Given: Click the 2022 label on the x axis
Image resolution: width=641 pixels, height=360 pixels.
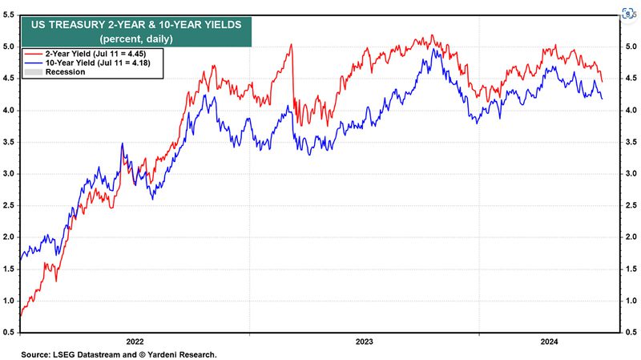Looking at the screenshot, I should point(135,341).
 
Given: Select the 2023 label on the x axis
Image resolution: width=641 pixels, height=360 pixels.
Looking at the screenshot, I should point(364,341).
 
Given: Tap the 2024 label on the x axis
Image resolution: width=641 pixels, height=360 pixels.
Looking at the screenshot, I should point(551,341).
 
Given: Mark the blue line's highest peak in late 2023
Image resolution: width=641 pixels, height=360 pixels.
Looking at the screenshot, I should point(433,49).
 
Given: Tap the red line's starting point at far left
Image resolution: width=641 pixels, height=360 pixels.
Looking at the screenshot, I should point(19,318).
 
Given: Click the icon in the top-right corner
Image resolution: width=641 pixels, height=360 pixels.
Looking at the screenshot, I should point(628,14).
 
